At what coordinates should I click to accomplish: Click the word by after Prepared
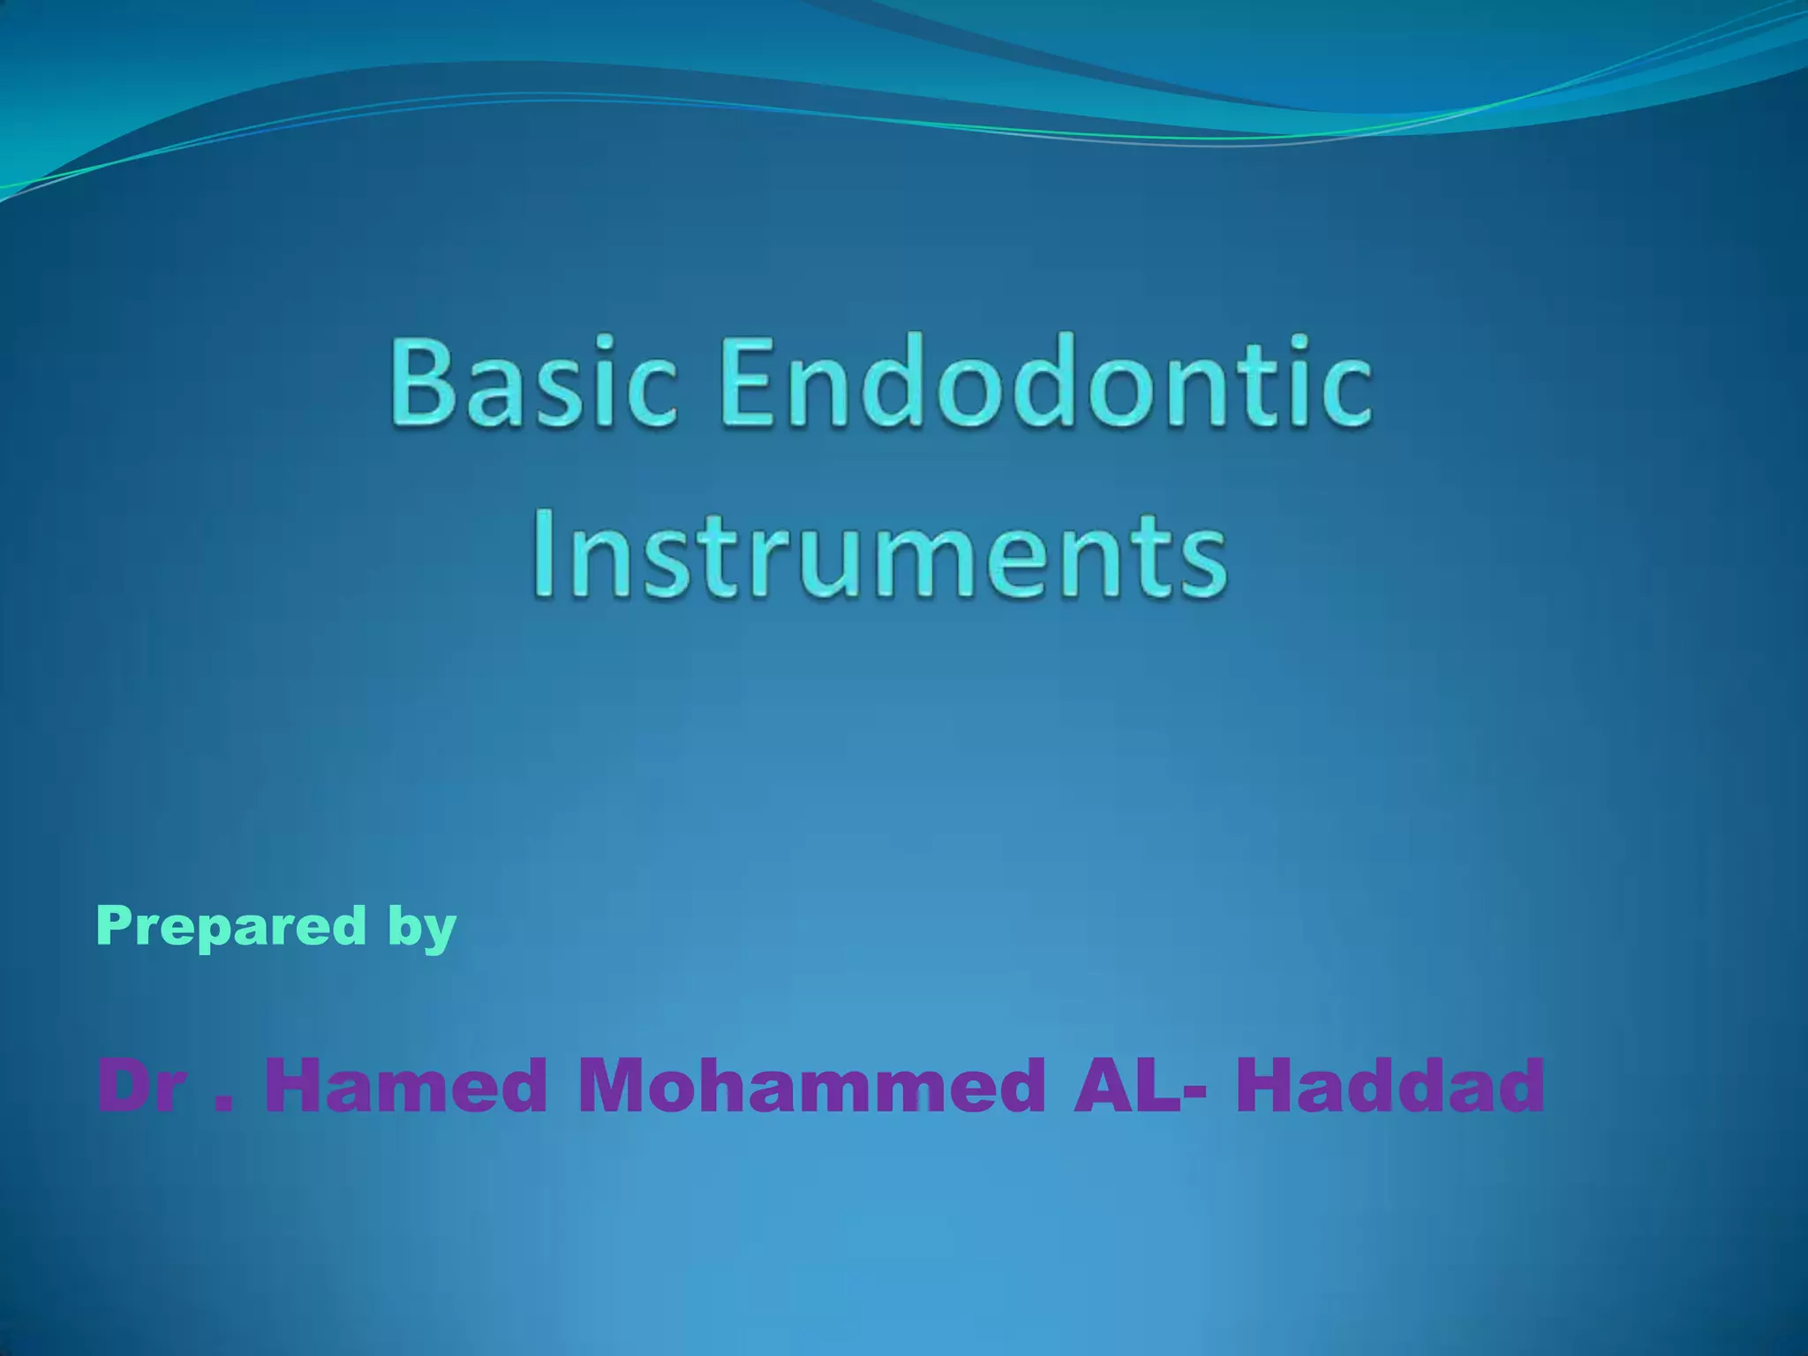422,929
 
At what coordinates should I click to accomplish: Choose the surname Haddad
1390,1087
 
